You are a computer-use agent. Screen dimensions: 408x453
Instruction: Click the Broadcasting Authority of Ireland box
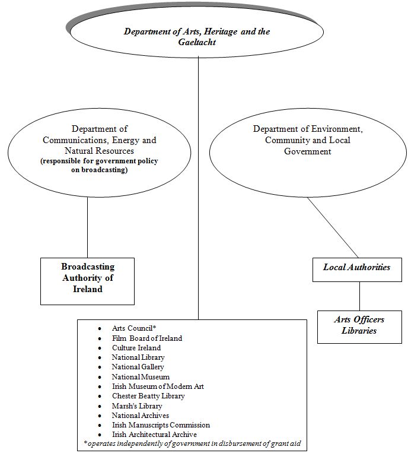87,281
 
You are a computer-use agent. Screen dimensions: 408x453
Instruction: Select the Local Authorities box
357,270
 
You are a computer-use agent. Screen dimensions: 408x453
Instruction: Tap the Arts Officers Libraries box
359,327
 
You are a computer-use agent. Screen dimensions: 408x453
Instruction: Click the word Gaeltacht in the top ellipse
197,42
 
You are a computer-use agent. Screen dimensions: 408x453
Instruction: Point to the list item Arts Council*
134,328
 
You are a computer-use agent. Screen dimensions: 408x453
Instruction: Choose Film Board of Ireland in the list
147,338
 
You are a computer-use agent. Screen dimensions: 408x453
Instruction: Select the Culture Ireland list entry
136,347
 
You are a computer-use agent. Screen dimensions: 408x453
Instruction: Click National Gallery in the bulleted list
138,367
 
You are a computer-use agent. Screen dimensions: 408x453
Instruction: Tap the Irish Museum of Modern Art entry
158,387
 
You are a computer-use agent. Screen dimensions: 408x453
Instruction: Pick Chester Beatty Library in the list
148,396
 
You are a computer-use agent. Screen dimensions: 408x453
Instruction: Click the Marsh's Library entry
137,406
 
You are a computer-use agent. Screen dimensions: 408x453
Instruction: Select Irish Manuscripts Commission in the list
161,425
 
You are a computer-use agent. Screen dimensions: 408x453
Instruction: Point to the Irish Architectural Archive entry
154,435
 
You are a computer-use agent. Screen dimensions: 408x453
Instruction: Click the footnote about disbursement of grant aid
192,444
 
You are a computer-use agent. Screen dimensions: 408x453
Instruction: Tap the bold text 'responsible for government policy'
99,161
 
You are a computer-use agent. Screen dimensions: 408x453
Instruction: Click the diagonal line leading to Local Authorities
333,227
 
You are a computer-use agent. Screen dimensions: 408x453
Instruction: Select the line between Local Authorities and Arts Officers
359,296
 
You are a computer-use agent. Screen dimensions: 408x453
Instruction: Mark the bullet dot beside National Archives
100,416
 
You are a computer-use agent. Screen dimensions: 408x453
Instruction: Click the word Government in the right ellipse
308,151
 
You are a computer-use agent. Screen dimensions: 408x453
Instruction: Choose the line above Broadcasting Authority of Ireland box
87,227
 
